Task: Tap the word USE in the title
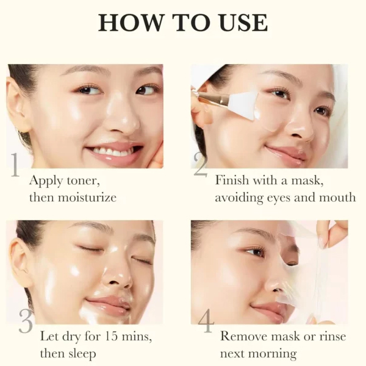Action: tap(243, 23)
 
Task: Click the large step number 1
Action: tap(15, 165)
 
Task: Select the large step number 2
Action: tap(201, 165)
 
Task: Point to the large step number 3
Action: tap(26, 321)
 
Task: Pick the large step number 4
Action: tap(206, 321)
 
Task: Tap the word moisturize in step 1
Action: tap(87, 198)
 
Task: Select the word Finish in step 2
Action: tap(232, 180)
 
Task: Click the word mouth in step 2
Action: tap(337, 198)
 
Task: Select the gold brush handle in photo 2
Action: tap(210, 98)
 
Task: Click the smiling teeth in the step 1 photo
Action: tap(113, 151)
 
